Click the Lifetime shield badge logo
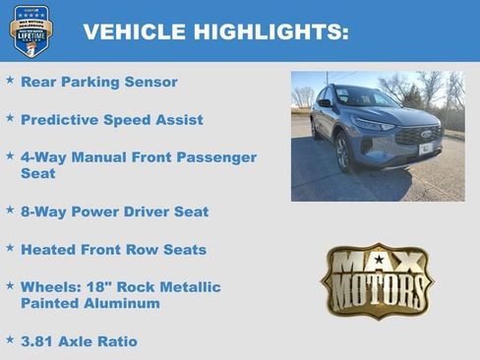[x=31, y=30]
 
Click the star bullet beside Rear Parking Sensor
[x=10, y=81]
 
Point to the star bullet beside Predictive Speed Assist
[x=10, y=118]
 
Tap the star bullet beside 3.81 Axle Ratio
[x=10, y=340]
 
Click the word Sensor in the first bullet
[x=150, y=82]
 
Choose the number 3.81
[x=40, y=341]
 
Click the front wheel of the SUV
[x=343, y=152]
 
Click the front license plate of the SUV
[x=425, y=149]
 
